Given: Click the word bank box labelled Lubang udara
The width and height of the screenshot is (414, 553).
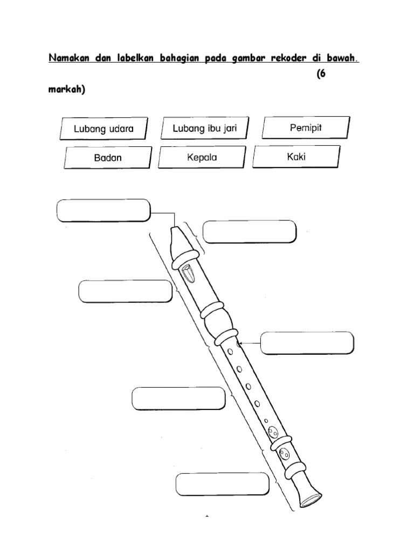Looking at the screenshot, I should tap(102, 129).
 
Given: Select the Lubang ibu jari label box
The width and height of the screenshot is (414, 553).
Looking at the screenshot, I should tap(204, 128).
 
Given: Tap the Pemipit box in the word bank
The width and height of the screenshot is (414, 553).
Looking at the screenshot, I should tap(306, 128).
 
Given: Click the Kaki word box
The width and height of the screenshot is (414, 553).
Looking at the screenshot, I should tap(296, 157).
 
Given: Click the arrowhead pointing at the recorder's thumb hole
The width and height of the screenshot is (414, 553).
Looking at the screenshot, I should tap(239, 343).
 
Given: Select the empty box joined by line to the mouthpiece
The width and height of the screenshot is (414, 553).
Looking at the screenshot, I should tap(102, 210).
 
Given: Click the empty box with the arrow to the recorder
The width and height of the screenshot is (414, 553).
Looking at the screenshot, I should tap(307, 343).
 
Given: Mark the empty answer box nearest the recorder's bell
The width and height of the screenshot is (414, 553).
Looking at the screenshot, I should tap(222, 484).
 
